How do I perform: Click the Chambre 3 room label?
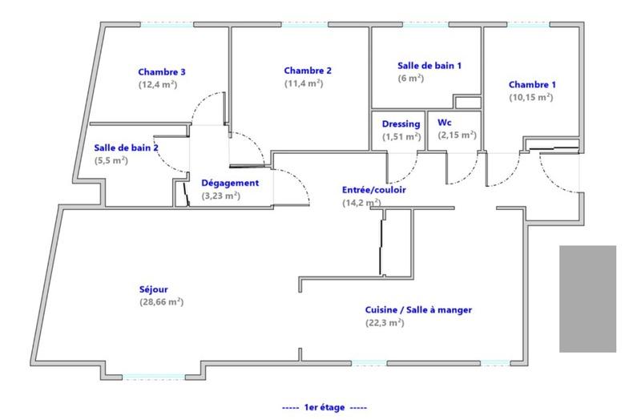162,71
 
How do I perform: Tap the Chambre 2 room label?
307,71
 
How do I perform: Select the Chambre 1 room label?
532,85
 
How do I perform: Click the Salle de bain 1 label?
429,66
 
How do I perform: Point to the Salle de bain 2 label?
126,148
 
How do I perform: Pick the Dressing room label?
401,124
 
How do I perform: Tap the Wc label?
443,123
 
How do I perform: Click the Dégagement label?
230,183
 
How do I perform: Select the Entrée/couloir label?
374,190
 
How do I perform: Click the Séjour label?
153,289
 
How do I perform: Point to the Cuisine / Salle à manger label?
418,310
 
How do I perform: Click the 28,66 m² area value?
161,302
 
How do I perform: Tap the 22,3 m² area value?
385,323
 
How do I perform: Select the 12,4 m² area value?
158,83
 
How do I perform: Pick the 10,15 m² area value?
530,97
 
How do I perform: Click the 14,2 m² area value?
361,203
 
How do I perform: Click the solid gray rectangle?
587,298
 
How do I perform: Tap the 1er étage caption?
325,407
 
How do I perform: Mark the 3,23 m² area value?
220,195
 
